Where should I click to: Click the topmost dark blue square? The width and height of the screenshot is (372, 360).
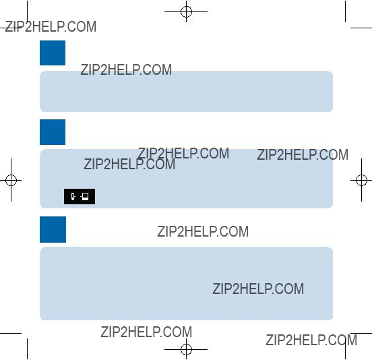(x=53, y=53)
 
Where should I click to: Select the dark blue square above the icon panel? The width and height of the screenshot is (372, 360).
(x=53, y=132)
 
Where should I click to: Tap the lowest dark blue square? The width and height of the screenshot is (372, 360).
(x=53, y=229)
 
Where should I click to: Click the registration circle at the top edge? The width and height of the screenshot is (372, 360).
(x=186, y=11)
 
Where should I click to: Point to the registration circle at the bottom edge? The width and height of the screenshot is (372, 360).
(x=186, y=349)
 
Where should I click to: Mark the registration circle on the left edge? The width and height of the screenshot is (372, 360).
(x=11, y=181)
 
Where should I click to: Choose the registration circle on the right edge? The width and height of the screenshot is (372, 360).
(x=362, y=181)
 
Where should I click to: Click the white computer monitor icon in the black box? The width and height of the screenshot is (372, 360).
(x=85, y=196)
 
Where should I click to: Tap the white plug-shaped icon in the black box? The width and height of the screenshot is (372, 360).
(x=73, y=196)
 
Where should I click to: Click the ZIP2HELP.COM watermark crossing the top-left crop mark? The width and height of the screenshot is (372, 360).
(x=51, y=26)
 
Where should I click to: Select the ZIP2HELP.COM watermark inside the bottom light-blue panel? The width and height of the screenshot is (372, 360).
(x=258, y=289)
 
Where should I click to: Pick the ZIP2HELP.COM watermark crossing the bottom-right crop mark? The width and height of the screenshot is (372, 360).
(x=311, y=340)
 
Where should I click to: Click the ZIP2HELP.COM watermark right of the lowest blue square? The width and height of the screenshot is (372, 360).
(x=203, y=231)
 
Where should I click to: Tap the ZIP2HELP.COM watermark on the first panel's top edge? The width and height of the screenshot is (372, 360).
(x=126, y=69)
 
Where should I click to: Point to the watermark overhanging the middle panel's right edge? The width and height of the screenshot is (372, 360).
(x=303, y=155)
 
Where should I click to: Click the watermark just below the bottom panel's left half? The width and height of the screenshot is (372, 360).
(x=146, y=332)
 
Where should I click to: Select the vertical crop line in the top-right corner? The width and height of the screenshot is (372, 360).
(x=345, y=11)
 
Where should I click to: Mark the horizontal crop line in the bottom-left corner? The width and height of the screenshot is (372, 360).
(x=11, y=334)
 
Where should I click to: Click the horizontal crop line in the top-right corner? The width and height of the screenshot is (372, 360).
(x=361, y=28)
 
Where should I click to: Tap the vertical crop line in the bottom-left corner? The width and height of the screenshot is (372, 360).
(x=27, y=349)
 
